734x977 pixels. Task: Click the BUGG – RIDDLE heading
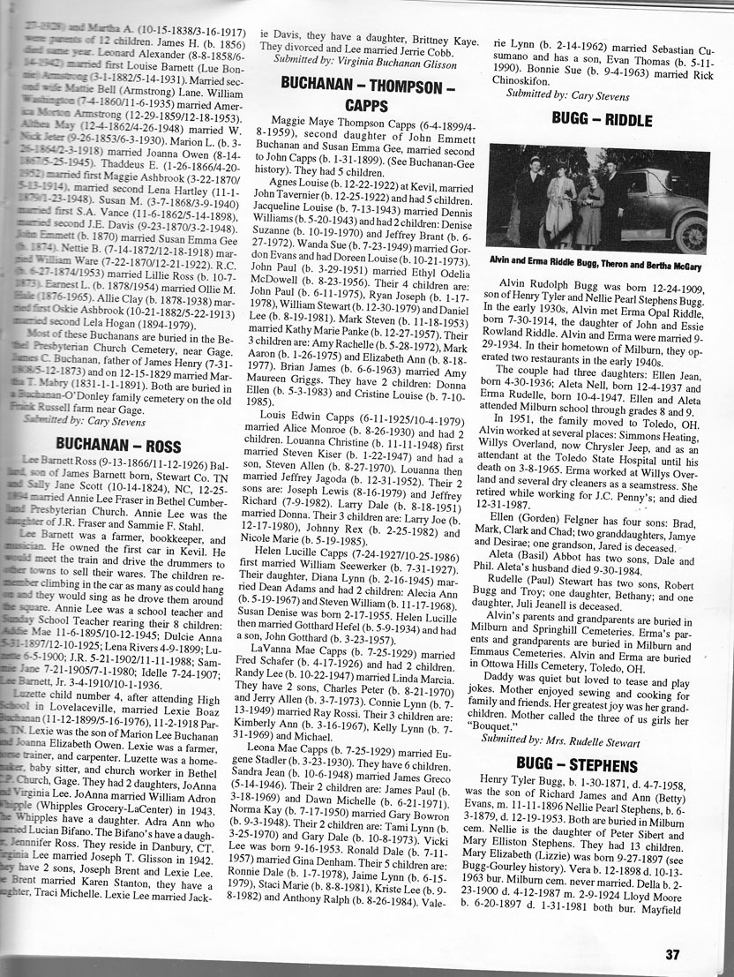pos(602,119)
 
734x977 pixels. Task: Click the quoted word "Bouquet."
pos(521,724)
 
